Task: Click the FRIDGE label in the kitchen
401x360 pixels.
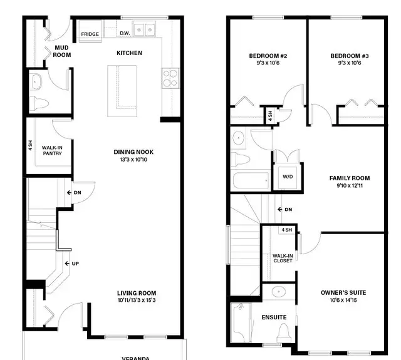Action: [x=89, y=33]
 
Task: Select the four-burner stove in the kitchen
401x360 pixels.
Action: [x=170, y=78]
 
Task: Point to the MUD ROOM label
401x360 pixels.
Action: [x=61, y=51]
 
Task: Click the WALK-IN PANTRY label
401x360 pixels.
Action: [x=52, y=150]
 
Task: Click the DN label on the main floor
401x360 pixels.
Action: [x=76, y=192]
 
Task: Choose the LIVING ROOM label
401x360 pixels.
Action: [x=136, y=293]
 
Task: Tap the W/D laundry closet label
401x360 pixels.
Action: [x=288, y=177]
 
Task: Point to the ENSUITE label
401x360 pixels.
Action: [x=270, y=316]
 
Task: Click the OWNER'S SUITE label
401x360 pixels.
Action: [x=342, y=292]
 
